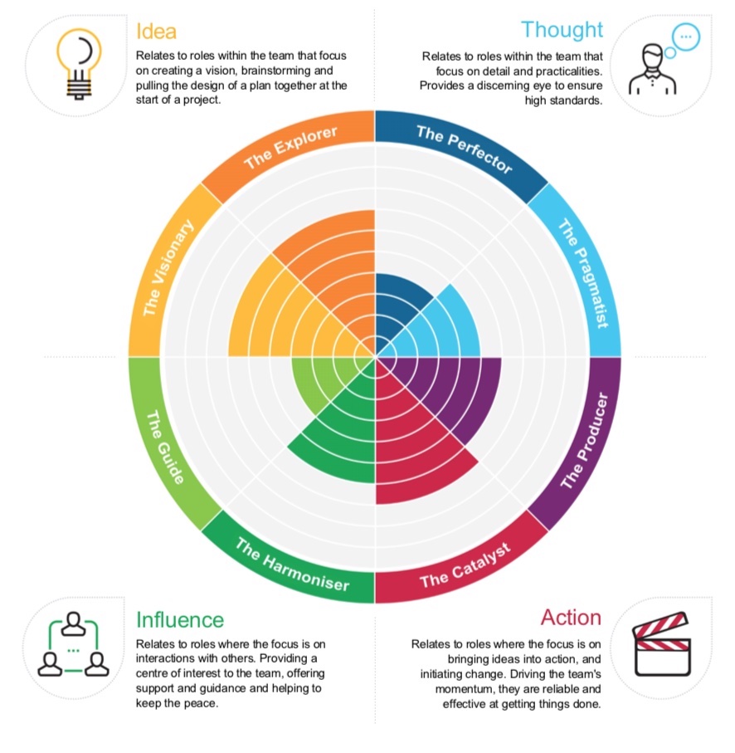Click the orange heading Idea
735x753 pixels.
coord(157,32)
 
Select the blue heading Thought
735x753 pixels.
coord(562,29)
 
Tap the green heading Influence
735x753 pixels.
coord(180,619)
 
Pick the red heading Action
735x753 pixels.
coord(571,617)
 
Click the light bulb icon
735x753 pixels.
coord(79,63)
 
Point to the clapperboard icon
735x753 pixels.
coord(662,644)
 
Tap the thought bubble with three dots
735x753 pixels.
coord(686,37)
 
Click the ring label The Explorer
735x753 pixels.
coord(290,147)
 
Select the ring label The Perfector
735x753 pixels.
coord(465,149)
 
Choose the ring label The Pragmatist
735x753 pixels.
coord(582,273)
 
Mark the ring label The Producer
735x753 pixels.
coord(584,440)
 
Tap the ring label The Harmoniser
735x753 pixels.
coord(292,565)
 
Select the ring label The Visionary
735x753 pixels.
coord(168,267)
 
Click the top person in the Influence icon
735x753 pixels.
coord(73,623)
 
